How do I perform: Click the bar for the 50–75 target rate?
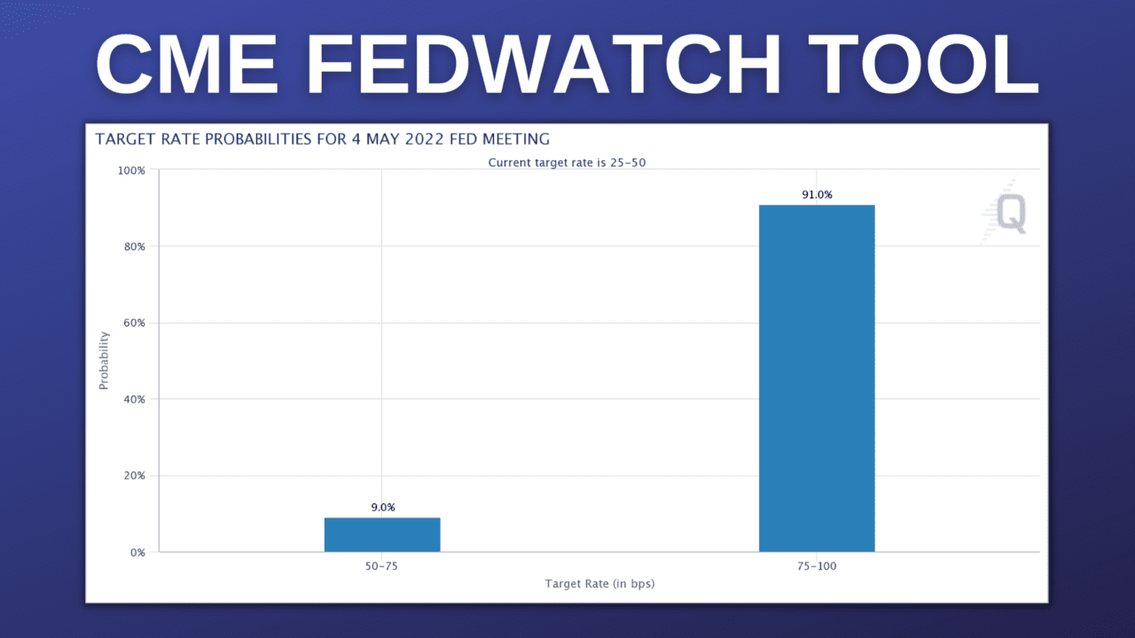click(382, 534)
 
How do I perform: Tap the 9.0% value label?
click(383, 508)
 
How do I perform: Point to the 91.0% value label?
click(817, 195)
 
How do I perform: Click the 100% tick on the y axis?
click(132, 170)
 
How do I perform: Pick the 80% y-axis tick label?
click(134, 246)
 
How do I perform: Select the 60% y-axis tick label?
click(134, 323)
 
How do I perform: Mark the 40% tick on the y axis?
click(134, 399)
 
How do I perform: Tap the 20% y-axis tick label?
click(134, 476)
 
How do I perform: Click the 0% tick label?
click(137, 552)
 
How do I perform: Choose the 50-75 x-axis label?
click(382, 566)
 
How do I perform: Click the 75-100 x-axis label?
click(817, 566)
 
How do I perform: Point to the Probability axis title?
click(104, 360)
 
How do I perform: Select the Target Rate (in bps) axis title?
click(599, 583)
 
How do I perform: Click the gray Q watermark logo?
click(1010, 214)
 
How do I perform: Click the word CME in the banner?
click(186, 65)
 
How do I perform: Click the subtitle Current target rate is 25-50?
click(560, 163)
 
